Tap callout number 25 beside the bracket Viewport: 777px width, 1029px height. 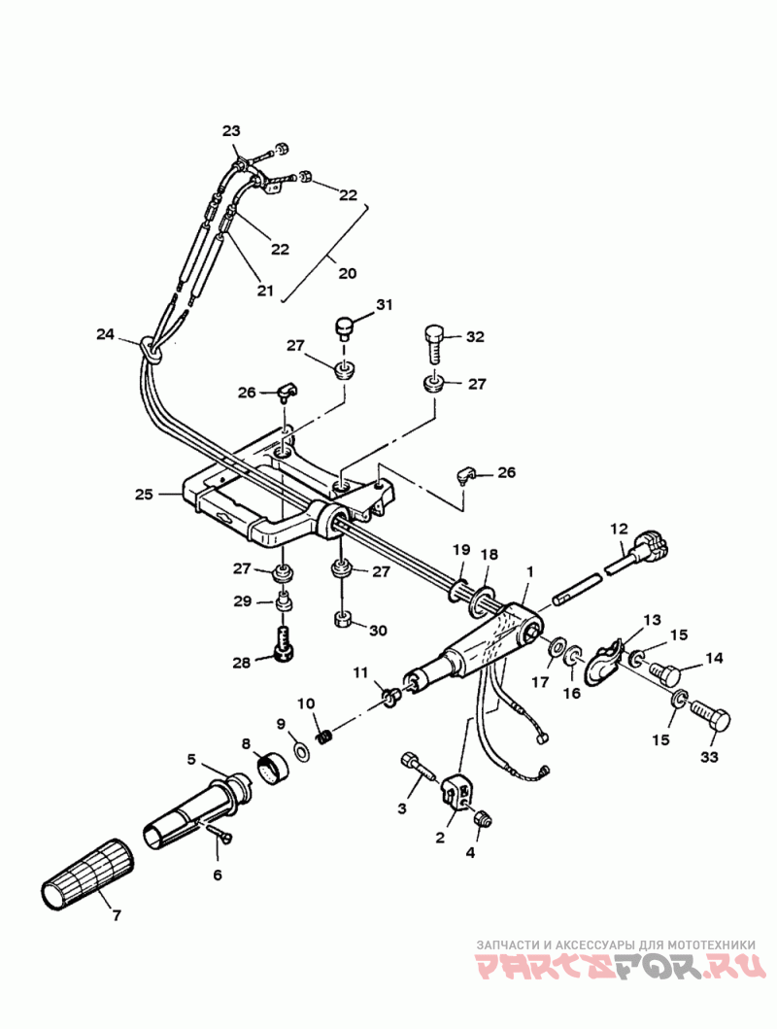click(x=144, y=494)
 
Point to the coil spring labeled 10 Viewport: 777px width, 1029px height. click(x=323, y=737)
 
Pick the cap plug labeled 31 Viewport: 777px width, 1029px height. click(x=344, y=326)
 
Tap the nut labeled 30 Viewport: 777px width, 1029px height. click(x=342, y=619)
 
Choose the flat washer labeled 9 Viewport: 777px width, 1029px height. click(x=301, y=750)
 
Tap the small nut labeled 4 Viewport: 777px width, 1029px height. click(x=484, y=820)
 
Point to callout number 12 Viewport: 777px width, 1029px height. click(x=619, y=529)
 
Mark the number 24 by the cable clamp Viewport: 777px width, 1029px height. click(x=105, y=334)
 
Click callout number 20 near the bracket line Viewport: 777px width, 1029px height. click(x=347, y=272)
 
